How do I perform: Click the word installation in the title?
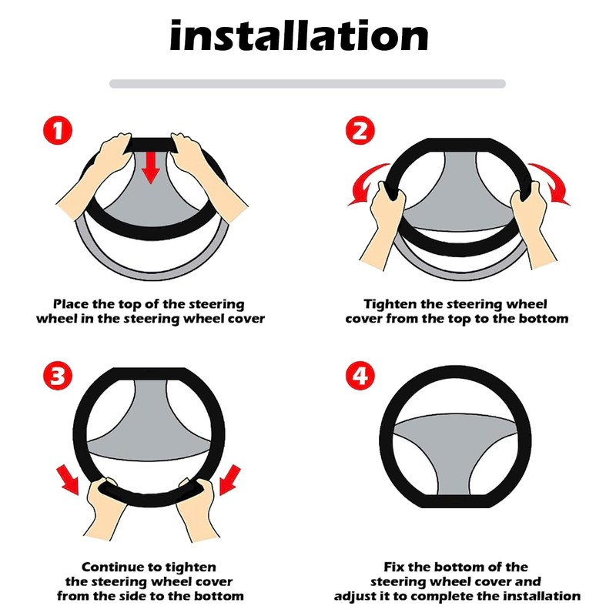(299, 36)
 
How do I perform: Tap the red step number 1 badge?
(58, 130)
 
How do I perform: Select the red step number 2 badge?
(360, 130)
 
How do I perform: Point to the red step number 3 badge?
(58, 376)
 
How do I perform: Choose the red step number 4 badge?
(360, 376)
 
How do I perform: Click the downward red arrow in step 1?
(151, 168)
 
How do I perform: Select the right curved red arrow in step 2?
(550, 184)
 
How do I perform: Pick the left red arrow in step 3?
(69, 480)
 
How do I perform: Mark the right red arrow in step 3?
(229, 480)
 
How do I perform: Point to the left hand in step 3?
(105, 507)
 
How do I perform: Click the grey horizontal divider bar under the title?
(307, 84)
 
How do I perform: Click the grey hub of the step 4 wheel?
(456, 448)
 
